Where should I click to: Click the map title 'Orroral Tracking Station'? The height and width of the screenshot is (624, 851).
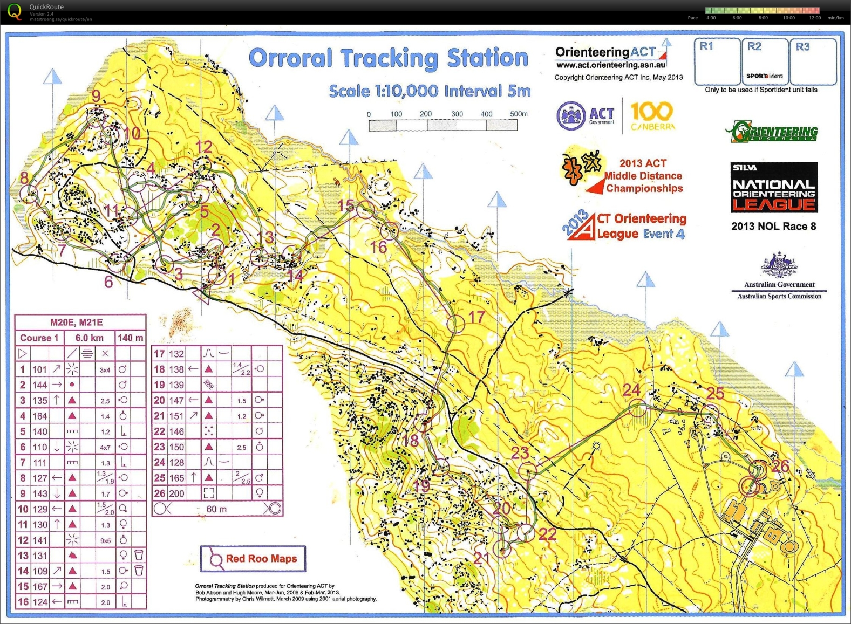(x=388, y=58)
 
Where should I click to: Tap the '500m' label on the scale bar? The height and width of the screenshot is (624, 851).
(x=518, y=114)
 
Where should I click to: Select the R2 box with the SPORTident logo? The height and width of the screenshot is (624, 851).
(x=765, y=61)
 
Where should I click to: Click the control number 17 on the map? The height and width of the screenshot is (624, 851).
(x=476, y=317)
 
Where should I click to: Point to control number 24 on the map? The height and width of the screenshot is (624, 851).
(x=631, y=389)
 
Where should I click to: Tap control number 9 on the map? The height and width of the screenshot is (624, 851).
(x=96, y=96)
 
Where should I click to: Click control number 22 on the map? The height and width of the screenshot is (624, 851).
(x=547, y=534)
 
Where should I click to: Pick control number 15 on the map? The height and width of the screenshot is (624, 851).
(x=345, y=205)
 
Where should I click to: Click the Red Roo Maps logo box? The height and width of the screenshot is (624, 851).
(x=253, y=559)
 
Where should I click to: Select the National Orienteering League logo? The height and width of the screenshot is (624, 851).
(x=774, y=188)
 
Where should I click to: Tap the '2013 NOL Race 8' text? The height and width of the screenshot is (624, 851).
(x=773, y=227)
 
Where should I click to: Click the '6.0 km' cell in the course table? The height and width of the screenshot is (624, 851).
(x=89, y=338)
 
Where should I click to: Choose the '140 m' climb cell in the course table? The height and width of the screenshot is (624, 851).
(x=131, y=338)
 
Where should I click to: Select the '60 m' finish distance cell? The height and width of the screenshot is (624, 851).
(x=216, y=509)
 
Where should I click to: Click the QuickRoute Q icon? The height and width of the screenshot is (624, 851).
(x=15, y=11)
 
